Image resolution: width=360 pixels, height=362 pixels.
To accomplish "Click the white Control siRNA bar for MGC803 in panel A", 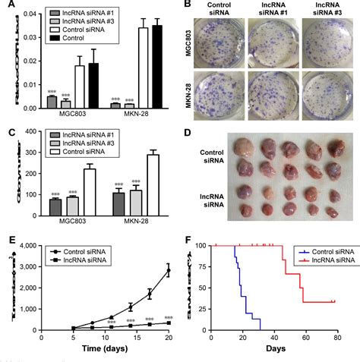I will (x=79, y=87).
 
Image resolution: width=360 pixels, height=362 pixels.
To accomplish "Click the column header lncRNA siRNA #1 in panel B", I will (x=272, y=14).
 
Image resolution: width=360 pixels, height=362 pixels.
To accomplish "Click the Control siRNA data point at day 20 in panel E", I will (x=168, y=269).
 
